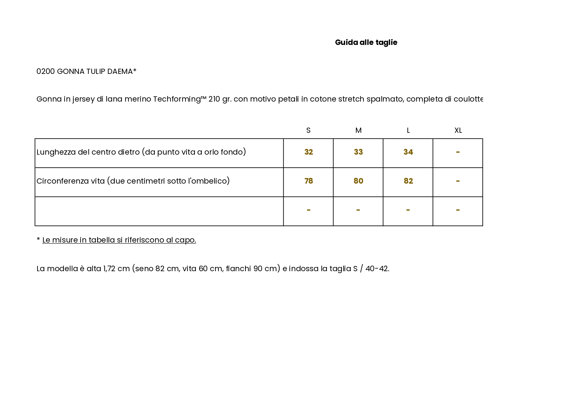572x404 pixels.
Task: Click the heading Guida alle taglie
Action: (x=366, y=42)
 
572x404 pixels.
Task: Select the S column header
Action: (x=308, y=131)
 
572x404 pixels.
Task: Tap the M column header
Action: (x=358, y=131)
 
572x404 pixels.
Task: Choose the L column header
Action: (x=408, y=131)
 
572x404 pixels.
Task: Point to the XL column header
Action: (x=458, y=131)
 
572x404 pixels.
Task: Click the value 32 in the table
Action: (x=309, y=152)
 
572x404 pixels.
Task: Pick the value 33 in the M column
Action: (x=358, y=152)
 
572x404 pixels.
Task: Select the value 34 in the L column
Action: (x=408, y=152)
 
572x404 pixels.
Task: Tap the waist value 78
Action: (x=309, y=181)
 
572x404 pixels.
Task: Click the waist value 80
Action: (x=358, y=181)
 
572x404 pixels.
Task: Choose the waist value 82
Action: (x=408, y=181)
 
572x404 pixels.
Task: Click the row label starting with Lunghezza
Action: (x=141, y=152)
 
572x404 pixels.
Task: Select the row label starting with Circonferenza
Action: (x=133, y=181)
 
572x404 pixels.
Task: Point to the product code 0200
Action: (x=45, y=72)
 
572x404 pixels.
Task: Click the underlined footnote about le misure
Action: (x=119, y=240)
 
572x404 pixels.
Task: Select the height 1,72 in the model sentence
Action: (x=110, y=269)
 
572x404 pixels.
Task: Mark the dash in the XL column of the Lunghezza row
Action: (x=458, y=152)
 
